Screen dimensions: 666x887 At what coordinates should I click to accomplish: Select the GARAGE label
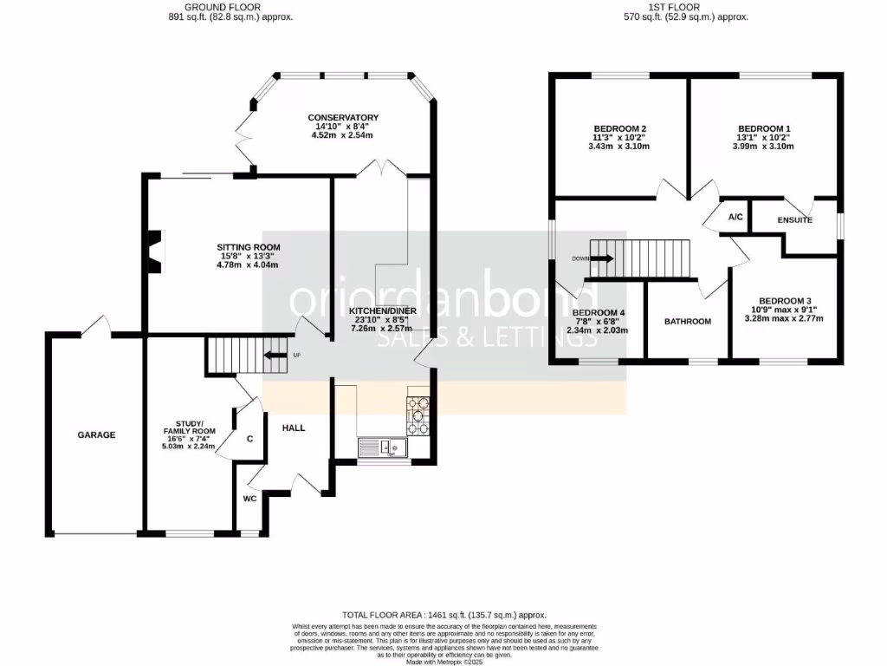[x=96, y=435]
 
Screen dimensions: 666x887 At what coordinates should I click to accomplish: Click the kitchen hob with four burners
[x=418, y=414]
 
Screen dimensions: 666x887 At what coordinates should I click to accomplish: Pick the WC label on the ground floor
[x=249, y=499]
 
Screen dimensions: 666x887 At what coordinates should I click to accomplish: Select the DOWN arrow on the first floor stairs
[x=600, y=258]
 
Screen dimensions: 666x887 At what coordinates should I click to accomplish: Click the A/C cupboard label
[x=735, y=218]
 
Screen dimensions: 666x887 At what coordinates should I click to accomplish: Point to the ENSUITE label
[x=794, y=221]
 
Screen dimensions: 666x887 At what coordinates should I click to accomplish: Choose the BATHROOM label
[x=687, y=322]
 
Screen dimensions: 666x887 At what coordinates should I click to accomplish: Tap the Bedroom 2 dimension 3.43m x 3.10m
[x=618, y=146]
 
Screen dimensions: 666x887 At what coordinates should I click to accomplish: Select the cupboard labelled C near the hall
[x=249, y=439]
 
